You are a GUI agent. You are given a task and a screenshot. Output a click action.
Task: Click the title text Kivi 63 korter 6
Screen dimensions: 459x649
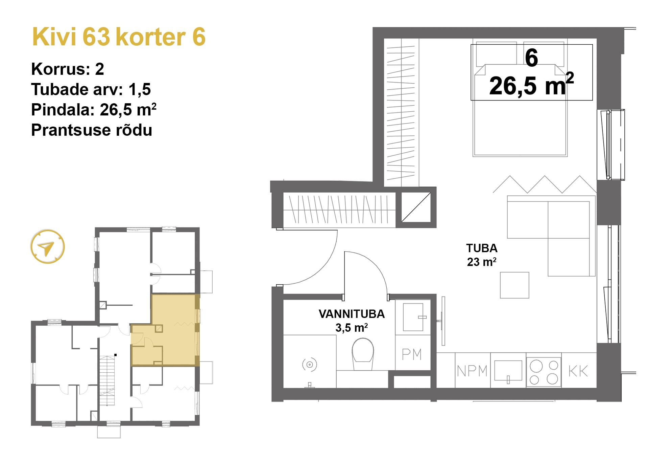tap(118, 37)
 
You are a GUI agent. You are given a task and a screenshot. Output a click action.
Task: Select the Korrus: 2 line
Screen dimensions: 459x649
tap(67, 69)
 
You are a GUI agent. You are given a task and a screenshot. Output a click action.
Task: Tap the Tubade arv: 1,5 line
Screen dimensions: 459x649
tap(91, 89)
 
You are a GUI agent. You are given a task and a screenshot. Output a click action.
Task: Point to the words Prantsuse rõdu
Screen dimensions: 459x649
tap(91, 130)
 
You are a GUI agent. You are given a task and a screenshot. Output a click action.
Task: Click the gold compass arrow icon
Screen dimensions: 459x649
tap(47, 247)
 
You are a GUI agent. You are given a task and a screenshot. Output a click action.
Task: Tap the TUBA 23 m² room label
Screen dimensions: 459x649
tap(482, 255)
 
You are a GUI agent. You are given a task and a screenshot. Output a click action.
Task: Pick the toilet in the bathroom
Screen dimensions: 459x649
tap(363, 354)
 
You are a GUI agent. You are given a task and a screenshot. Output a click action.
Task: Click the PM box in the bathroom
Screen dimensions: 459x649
tap(412, 354)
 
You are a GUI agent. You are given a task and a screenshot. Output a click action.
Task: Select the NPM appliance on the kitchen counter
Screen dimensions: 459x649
tap(472, 371)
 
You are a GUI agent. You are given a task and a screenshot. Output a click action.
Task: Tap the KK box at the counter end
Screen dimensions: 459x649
tap(578, 371)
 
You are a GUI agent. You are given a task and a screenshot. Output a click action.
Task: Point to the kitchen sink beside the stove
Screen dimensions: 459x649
tap(508, 371)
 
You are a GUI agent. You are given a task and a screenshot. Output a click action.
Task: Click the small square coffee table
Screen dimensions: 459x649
tap(514, 285)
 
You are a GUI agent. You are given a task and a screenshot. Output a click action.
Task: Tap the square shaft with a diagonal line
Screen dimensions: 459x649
tap(416, 207)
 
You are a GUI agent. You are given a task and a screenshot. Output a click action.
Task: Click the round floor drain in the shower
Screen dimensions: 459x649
tap(309, 365)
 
